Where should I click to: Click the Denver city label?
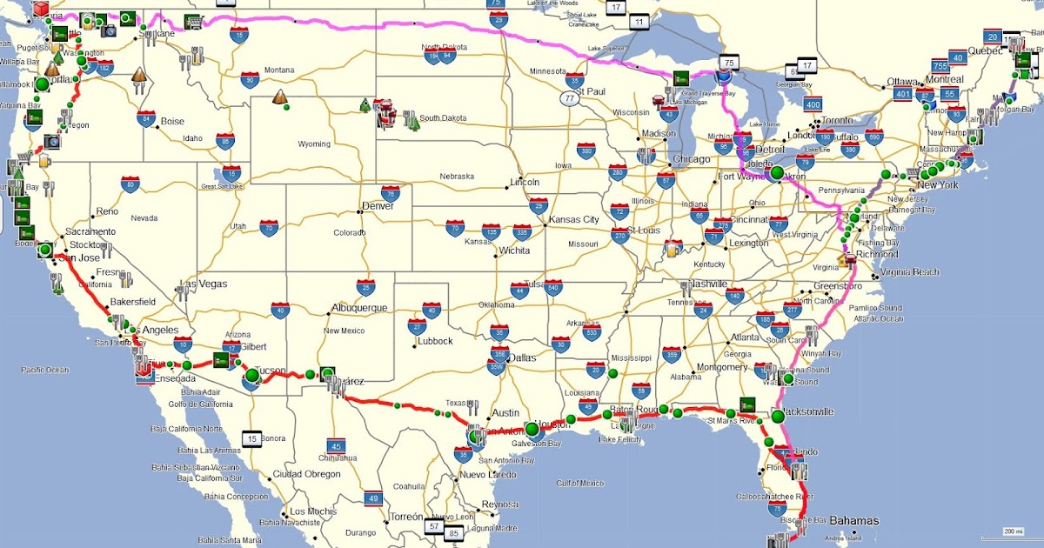click(378, 206)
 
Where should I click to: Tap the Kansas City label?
click(573, 219)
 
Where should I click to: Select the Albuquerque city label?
click(359, 308)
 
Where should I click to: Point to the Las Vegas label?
click(205, 284)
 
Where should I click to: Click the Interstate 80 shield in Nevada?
click(130, 184)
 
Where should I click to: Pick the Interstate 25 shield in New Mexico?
click(366, 287)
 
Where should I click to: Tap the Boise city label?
click(172, 122)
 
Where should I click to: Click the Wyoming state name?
click(314, 144)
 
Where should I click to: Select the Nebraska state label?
click(457, 176)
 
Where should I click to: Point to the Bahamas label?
click(853, 521)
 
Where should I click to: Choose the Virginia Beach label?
click(910, 272)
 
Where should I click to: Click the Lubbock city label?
click(435, 341)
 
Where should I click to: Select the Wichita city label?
click(514, 251)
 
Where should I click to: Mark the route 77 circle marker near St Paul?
click(570, 99)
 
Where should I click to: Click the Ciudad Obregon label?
click(307, 473)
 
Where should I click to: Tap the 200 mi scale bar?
click(1012, 532)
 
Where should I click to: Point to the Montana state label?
click(279, 70)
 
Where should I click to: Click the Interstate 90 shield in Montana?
click(251, 80)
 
